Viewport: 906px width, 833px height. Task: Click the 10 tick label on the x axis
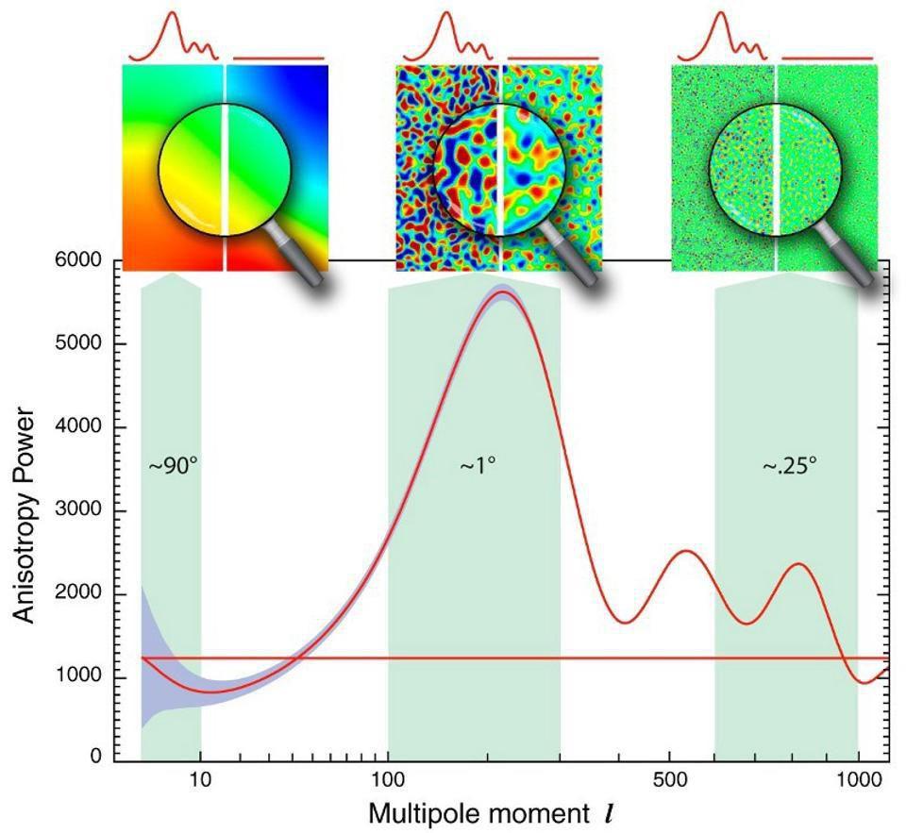click(x=200, y=781)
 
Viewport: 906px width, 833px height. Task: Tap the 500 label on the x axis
click(x=669, y=781)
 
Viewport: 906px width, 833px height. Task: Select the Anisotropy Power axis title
click(x=25, y=515)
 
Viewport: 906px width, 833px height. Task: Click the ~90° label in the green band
click(x=173, y=466)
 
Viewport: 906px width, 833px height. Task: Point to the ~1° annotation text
click(x=478, y=466)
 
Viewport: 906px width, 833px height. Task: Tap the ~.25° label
click(x=790, y=466)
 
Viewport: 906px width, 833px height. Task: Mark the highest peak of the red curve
click(x=503, y=292)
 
